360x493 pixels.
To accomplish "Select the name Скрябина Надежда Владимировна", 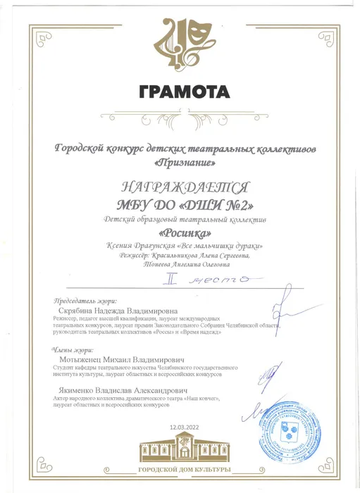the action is coord(119,310).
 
